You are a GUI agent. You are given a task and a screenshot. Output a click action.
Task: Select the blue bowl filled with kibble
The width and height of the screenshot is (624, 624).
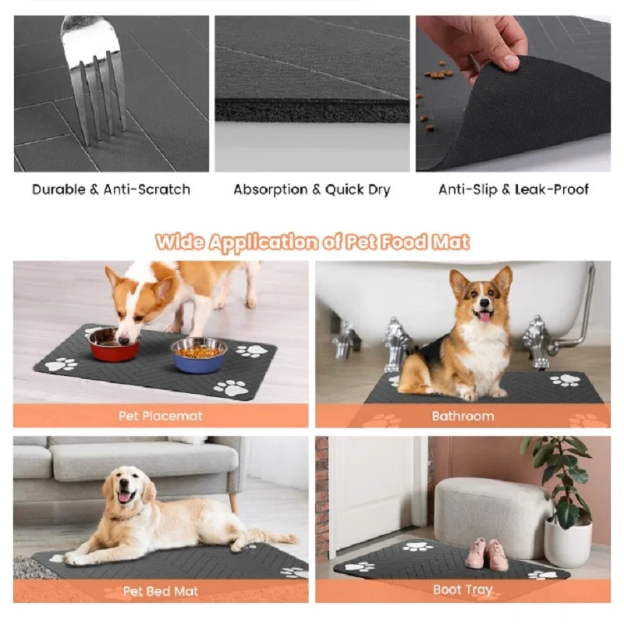pyautogui.click(x=198, y=354)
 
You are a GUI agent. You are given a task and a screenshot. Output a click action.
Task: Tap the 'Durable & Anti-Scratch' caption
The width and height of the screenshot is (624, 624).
pyautogui.click(x=111, y=190)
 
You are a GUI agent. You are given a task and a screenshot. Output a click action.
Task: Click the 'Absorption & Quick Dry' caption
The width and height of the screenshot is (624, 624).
pyautogui.click(x=312, y=190)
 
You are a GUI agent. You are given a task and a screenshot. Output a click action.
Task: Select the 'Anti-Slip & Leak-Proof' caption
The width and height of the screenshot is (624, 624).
pyautogui.click(x=512, y=190)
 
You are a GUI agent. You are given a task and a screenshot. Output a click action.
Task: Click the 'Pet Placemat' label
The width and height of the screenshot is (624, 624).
pyautogui.click(x=160, y=416)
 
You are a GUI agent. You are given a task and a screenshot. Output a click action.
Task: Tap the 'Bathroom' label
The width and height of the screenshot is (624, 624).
pyautogui.click(x=463, y=416)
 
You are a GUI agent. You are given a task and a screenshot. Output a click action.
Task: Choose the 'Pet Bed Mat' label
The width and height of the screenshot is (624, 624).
pyautogui.click(x=160, y=590)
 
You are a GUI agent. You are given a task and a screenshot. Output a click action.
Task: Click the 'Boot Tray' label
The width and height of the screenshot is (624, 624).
pyautogui.click(x=463, y=590)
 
